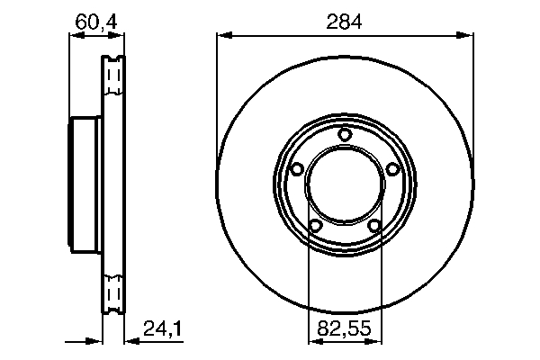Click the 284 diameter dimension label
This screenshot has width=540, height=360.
pyautogui.click(x=344, y=22)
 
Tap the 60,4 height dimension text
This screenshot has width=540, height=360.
pyautogui.click(x=96, y=22)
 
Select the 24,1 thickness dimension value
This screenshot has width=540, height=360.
pyautogui.click(x=162, y=328)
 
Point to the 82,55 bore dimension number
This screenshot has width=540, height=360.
pyautogui.click(x=344, y=328)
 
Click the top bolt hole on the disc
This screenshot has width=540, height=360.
pyautogui.click(x=344, y=134)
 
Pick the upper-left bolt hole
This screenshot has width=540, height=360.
pyautogui.click(x=297, y=169)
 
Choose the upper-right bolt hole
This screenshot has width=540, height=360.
pyautogui.click(x=392, y=169)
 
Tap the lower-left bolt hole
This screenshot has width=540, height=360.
pyautogui.click(x=315, y=226)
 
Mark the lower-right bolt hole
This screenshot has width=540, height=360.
pyautogui.click(x=374, y=226)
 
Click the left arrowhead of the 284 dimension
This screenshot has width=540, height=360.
pyautogui.click(x=224, y=35)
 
